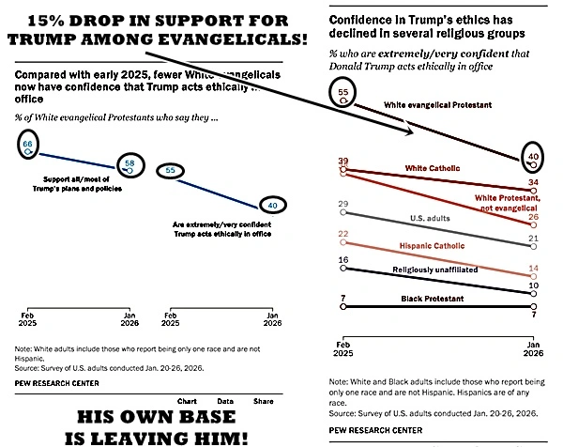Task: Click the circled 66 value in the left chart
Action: pyautogui.click(x=30, y=146)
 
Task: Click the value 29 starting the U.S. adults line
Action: pyautogui.click(x=342, y=204)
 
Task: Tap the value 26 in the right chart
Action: pyautogui.click(x=532, y=217)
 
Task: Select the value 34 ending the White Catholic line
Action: pyautogui.click(x=532, y=182)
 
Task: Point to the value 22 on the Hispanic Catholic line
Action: pyautogui.click(x=342, y=234)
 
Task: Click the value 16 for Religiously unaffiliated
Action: pyautogui.click(x=342, y=259)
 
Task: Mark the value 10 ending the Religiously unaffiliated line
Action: pyautogui.click(x=532, y=285)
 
